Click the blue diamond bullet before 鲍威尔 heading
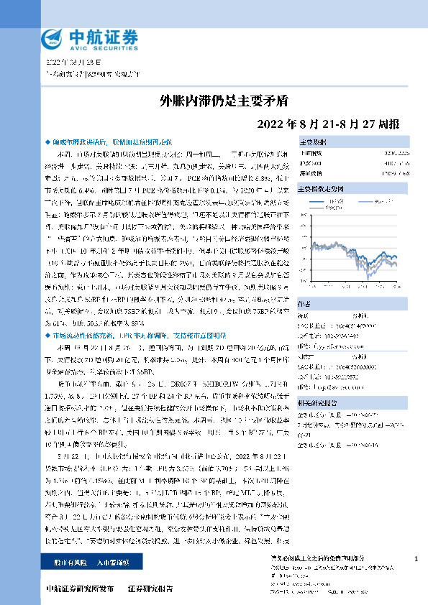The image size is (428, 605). click(x=47, y=143)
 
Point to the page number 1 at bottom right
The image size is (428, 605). click(x=416, y=559)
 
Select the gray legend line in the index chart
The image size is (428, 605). click(x=320, y=210)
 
